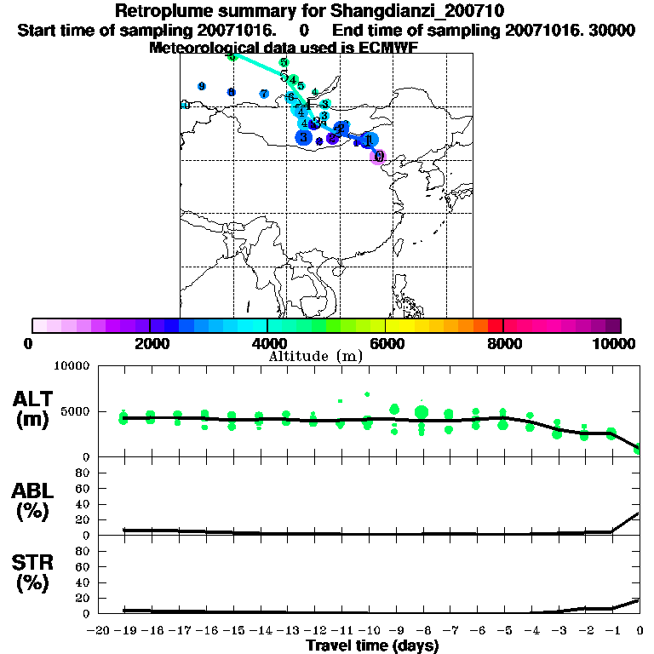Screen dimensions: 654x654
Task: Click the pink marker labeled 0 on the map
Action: tap(380, 157)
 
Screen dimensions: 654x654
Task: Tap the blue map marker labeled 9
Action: tap(201, 86)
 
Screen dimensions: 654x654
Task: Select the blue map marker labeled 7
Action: tap(264, 94)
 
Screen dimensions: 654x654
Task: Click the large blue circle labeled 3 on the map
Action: tap(303, 137)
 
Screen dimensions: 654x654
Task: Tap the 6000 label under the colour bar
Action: tap(385, 343)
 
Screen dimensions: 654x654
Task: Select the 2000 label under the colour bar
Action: tap(150, 343)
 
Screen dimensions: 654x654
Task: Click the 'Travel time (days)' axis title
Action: tap(371, 646)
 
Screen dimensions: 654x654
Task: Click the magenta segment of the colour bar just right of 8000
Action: tap(511, 325)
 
